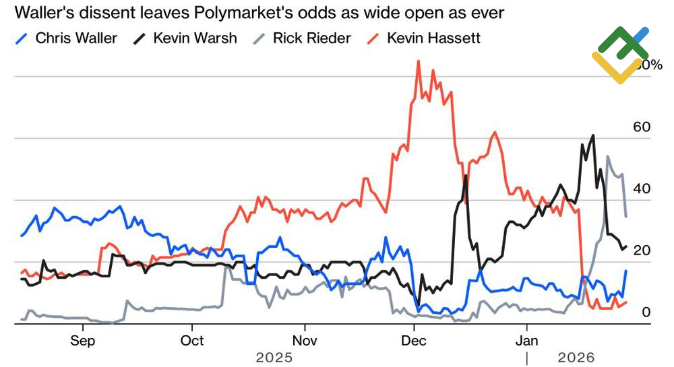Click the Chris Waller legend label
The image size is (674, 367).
pos(75,38)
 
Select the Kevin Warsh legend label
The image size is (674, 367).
pos(195,38)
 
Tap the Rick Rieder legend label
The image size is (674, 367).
pos(311,38)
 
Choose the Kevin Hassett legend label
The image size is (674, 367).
pos(433,38)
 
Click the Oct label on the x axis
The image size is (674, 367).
pos(193,340)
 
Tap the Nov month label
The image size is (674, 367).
pos(305,340)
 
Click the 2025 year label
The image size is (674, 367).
pos(274,357)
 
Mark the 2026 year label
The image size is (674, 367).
pos(577,357)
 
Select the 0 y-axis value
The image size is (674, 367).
pos(646,312)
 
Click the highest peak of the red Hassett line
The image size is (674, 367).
pos(419,61)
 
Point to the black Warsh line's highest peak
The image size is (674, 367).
pos(593,135)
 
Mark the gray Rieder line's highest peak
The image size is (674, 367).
pos(608,157)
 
